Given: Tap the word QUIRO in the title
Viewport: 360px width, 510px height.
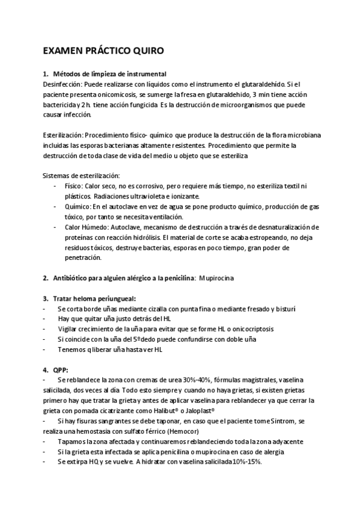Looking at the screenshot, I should (147, 52).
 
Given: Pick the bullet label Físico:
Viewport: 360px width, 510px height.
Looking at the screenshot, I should (75, 187).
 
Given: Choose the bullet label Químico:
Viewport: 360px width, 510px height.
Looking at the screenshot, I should (78, 206).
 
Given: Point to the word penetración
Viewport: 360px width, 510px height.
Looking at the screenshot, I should (84, 257).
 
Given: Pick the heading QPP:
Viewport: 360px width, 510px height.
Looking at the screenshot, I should (61, 369).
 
